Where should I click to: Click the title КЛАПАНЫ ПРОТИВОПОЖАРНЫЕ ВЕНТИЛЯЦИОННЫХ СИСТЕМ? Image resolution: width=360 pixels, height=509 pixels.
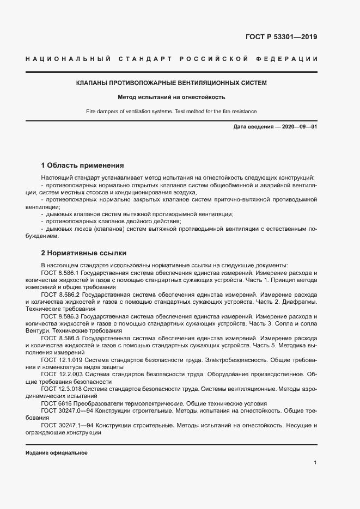tap(171, 83)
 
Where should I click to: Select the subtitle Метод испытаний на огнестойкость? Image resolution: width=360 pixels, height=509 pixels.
tap(171, 97)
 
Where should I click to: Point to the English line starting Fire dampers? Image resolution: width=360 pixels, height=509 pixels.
tap(171, 111)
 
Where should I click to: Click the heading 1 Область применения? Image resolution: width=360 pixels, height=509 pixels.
tap(83, 165)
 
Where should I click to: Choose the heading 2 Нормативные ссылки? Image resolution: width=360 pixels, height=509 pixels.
tap(84, 253)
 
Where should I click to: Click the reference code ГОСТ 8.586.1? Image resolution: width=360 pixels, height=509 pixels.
tap(60, 272)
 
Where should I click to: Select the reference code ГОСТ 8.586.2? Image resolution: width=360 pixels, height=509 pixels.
tap(60, 294)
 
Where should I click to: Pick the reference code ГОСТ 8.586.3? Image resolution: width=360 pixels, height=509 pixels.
tap(60, 316)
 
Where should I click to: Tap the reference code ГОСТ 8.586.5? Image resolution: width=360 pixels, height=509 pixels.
tap(60, 338)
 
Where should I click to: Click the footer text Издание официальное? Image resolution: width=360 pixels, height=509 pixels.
tap(57, 453)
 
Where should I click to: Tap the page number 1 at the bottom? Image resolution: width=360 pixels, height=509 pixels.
tap(315, 463)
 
